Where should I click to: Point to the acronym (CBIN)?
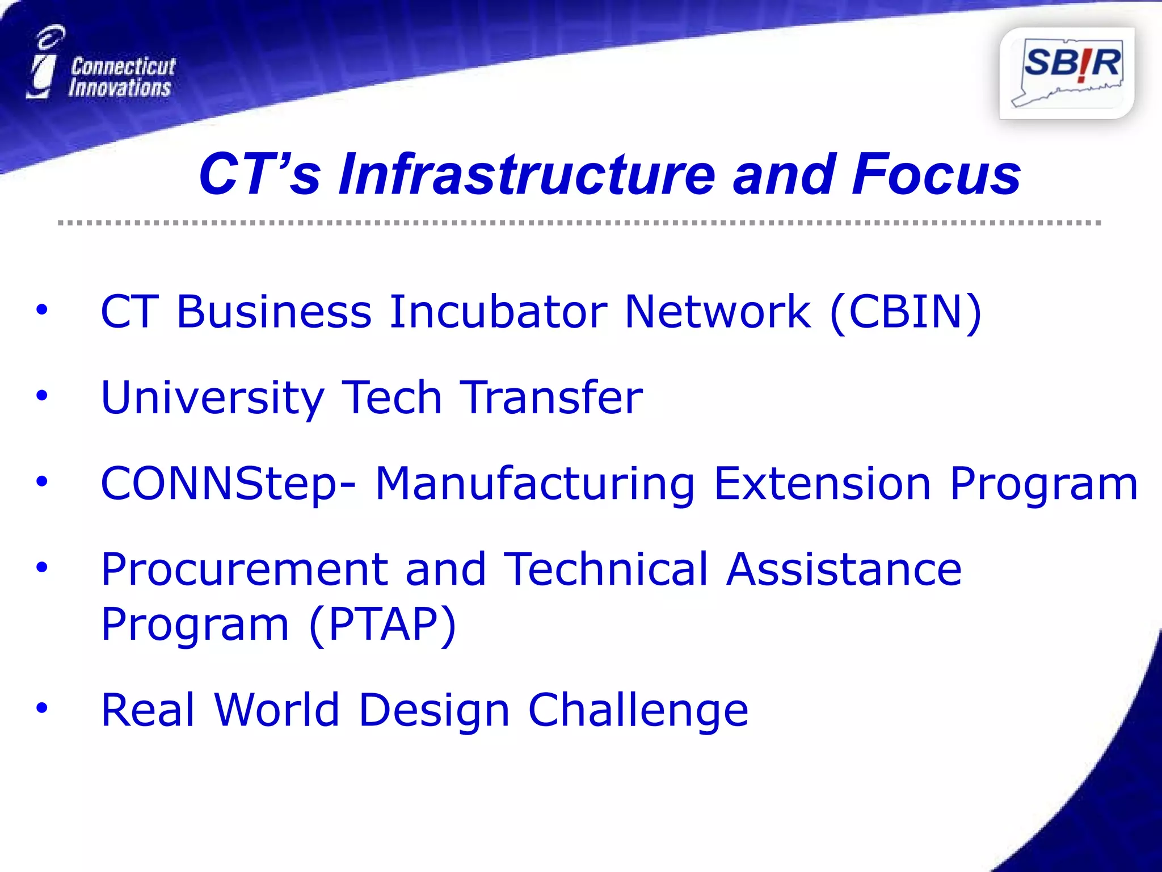tap(906, 312)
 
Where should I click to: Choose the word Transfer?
tap(551, 397)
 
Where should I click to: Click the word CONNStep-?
tap(228, 484)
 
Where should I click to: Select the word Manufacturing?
tap(534, 484)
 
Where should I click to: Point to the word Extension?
tap(822, 483)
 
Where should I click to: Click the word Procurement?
tap(245, 569)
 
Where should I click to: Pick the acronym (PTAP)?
tap(383, 624)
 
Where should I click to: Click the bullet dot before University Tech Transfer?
tap(41, 396)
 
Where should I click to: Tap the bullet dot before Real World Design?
tap(41, 708)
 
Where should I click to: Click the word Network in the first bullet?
tap(717, 312)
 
